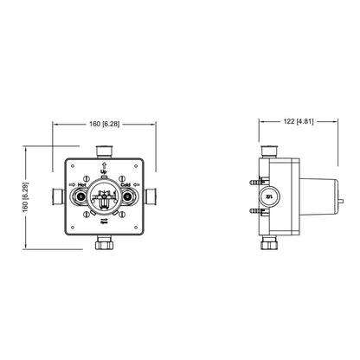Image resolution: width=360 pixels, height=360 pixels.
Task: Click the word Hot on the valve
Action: (83, 183)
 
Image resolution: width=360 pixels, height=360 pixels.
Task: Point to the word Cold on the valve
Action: (127, 183)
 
